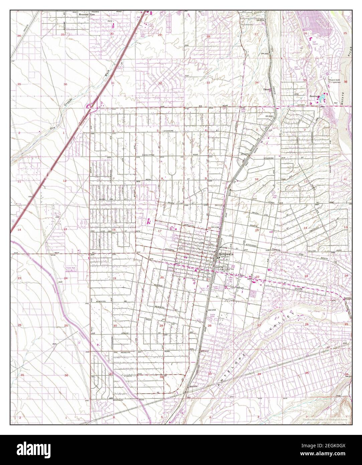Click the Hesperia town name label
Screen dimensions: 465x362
click(x=225, y=254)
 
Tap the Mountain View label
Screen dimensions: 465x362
click(x=87, y=15)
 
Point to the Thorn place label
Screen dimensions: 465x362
click(x=266, y=90)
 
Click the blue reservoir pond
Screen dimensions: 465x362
click(x=323, y=99)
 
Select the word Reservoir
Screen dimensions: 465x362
click(x=314, y=96)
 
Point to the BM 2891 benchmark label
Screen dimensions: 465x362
click(x=265, y=54)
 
